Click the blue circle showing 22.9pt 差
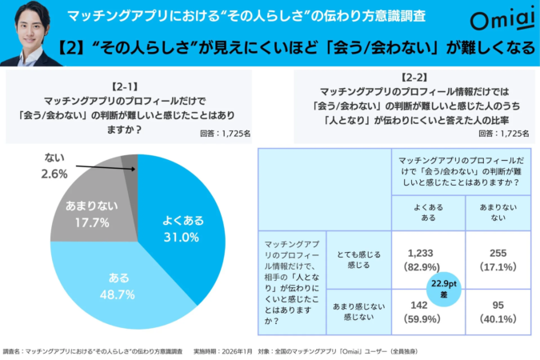click(x=441, y=287)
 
